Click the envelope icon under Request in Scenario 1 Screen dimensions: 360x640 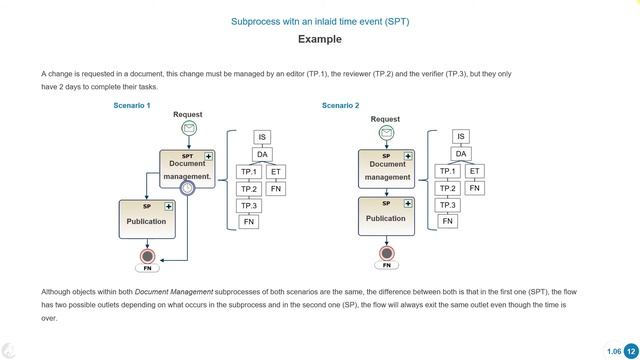pyautogui.click(x=188, y=129)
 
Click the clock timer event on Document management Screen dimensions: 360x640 pyautogui.click(x=187, y=188)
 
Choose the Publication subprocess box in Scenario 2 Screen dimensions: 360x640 pyautogui.click(x=386, y=216)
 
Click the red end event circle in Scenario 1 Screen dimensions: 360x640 pyautogui.click(x=148, y=256)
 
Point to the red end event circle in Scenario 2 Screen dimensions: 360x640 pyautogui.click(x=386, y=253)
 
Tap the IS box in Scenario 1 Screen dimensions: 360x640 pyautogui.click(x=262, y=138)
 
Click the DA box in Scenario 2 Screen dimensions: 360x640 pyautogui.click(x=461, y=154)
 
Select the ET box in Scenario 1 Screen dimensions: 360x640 pyautogui.click(x=276, y=172)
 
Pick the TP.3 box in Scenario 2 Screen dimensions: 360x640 pyautogui.click(x=448, y=205)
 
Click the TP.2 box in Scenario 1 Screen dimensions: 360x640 pyautogui.click(x=249, y=189)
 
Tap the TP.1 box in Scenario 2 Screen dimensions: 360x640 pyautogui.click(x=448, y=171)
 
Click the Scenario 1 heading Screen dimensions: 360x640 pyautogui.click(x=132, y=105)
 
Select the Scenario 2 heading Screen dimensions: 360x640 pyautogui.click(x=341, y=105)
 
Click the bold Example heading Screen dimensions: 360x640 pyautogui.click(x=320, y=40)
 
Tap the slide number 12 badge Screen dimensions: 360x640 pyautogui.click(x=630, y=350)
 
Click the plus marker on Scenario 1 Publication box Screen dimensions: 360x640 pyautogui.click(x=169, y=206)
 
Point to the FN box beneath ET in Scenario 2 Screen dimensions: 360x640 pyautogui.click(x=475, y=188)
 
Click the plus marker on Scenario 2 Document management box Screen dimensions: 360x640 pyautogui.click(x=407, y=156)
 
